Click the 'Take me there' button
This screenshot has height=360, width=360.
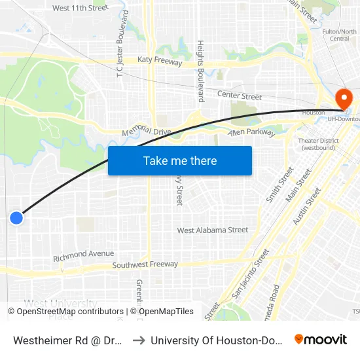tap(180, 161)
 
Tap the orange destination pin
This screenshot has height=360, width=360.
tap(343, 99)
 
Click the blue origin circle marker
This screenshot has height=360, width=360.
tap(16, 218)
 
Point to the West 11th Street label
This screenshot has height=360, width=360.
tap(80, 8)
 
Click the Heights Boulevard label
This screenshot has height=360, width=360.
tap(201, 71)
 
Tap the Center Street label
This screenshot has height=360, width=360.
tap(240, 96)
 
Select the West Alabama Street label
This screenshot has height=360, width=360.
tap(213, 230)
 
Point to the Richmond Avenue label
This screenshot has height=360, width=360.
tap(83, 254)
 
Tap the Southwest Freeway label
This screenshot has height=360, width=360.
tap(145, 264)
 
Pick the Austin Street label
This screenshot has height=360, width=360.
tap(307, 206)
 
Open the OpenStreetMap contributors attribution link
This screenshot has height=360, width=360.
tap(65, 312)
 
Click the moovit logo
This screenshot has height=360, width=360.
tap(321, 339)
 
